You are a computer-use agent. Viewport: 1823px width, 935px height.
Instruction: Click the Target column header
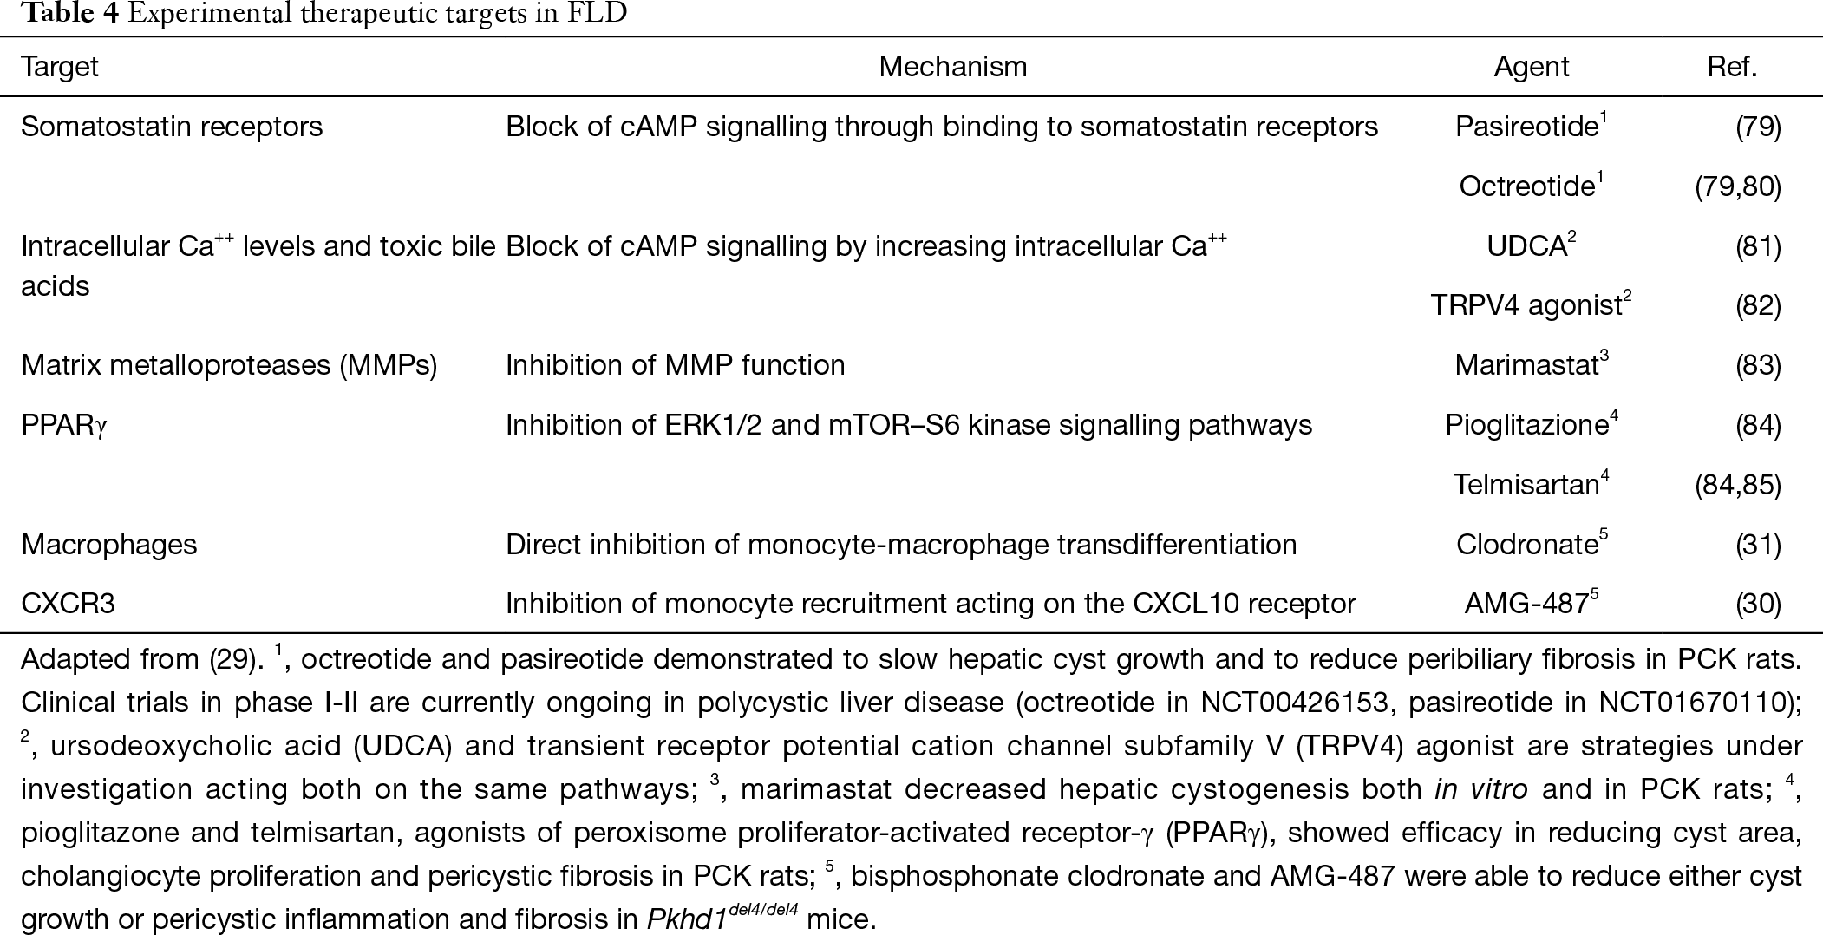coord(60,67)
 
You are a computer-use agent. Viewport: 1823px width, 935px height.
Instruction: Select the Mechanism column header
coord(952,67)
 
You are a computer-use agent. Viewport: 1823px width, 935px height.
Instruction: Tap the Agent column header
coord(1531,67)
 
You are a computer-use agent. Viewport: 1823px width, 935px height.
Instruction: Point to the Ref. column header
coord(1732,67)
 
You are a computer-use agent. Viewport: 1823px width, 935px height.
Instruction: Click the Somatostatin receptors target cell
coord(172,127)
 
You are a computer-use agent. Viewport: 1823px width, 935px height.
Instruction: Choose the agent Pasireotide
coord(1531,126)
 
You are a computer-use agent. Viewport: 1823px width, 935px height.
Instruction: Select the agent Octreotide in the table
coord(1531,186)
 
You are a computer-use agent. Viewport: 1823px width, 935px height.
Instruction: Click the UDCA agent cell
coord(1531,245)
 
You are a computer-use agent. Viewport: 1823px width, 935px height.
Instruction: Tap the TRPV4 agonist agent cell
coord(1531,304)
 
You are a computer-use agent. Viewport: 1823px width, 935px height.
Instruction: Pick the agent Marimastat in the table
coord(1531,364)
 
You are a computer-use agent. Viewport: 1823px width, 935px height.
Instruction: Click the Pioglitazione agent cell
coord(1531,424)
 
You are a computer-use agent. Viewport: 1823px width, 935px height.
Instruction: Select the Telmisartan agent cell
coord(1531,483)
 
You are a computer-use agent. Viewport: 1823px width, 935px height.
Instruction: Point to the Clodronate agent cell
coord(1531,544)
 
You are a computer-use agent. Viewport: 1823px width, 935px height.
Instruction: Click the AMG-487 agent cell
coord(1531,603)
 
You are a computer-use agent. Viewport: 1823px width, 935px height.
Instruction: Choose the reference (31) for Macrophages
coord(1758,545)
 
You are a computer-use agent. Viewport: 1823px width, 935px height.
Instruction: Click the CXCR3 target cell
coord(68,604)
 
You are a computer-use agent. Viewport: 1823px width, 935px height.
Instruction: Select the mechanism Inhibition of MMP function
coord(675,365)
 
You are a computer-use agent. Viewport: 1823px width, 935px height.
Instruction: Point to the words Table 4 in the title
coord(59,15)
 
